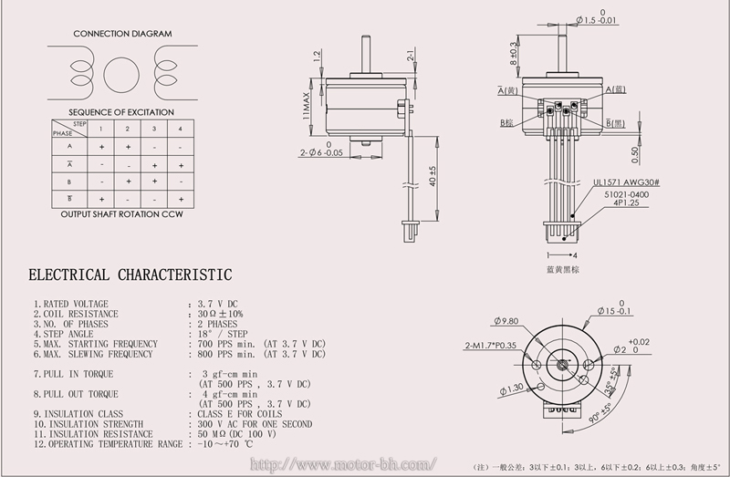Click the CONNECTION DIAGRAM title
coord(121,34)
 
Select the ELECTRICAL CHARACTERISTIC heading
coord(130,275)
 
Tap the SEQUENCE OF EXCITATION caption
coord(121,112)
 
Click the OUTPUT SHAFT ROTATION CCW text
coord(121,215)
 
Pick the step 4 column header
coord(181,128)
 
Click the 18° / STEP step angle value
coord(223,334)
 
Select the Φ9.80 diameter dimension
coord(505,321)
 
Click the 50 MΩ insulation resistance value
coord(237,433)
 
